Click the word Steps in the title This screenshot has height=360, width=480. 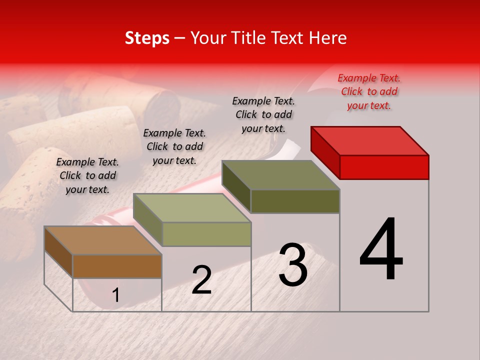147,38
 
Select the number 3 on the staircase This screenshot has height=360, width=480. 293,265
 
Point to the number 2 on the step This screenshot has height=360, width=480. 201,280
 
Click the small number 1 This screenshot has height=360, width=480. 116,295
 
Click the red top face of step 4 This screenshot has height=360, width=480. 370,140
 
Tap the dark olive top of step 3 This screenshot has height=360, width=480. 281,175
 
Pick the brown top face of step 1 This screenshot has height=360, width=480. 103,240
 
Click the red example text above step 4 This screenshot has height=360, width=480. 369,91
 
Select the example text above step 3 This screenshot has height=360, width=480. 263,114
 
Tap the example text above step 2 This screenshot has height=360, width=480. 174,146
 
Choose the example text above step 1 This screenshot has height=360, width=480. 87,175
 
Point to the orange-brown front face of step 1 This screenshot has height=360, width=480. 117,266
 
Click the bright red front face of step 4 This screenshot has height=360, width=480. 384,166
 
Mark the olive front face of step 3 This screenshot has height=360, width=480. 295,201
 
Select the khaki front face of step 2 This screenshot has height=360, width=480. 206,234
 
